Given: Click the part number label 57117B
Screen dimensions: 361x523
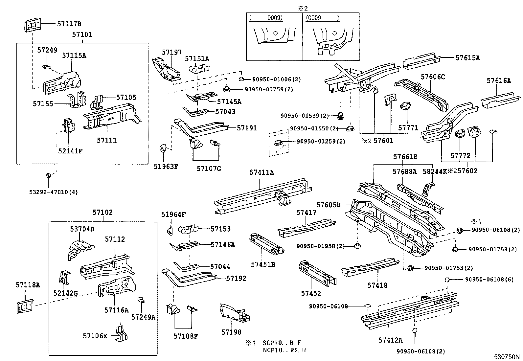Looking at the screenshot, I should [x=69, y=24].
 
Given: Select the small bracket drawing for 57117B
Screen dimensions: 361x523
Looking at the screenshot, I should [x=33, y=25].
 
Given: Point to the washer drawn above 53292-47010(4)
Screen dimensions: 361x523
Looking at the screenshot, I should [x=48, y=176].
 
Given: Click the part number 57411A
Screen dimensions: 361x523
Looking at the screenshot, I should [x=261, y=172].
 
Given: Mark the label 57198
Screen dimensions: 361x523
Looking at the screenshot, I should [x=231, y=332].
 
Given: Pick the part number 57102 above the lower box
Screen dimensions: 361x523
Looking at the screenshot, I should [x=102, y=213].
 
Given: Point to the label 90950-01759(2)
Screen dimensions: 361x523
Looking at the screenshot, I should [x=269, y=89].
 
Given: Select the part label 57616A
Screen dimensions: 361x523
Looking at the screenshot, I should [x=499, y=80].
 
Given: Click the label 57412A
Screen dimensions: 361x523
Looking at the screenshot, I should [x=390, y=340].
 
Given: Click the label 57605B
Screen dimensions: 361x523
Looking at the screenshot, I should [x=328, y=205].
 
